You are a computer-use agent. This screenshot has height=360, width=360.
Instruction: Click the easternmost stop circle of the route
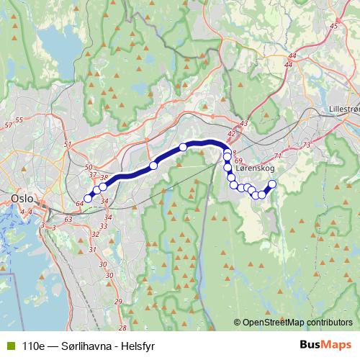pos(272,184)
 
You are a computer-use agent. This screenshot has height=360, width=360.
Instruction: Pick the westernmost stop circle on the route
pos(89,199)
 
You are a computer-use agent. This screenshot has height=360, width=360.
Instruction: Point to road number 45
pos(333,26)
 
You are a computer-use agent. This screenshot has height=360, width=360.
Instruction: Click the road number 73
pos(307,145)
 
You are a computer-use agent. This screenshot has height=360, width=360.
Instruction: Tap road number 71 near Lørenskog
pos(279,155)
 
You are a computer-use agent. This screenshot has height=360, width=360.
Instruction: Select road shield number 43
pos(243,124)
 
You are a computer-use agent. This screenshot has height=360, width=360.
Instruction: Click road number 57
pos(9,126)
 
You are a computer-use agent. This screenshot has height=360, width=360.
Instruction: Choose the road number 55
pos(19,120)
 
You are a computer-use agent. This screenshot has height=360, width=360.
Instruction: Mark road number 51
pos(68,145)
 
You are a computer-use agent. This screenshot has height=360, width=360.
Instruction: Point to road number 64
pos(79,204)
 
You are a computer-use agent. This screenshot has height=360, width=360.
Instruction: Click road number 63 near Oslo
pos(68,219)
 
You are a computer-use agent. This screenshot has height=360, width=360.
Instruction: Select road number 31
pos(92,250)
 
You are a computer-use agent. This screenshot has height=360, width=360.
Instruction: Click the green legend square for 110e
pos(9,344)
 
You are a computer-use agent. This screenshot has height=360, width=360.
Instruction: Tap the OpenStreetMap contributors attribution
pos(294,322)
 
